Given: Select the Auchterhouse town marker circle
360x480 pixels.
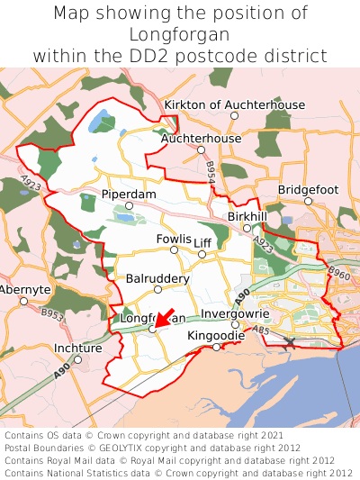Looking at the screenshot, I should [201, 150].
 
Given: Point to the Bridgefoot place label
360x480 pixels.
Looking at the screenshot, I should [308, 190].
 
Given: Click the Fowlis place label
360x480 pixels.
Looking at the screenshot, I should [174, 239].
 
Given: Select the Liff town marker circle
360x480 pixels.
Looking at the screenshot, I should [202, 254].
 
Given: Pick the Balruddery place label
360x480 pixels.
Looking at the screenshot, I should [157, 278].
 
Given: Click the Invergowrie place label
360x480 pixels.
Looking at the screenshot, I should [234, 314].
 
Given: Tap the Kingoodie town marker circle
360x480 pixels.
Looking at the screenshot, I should [216, 347].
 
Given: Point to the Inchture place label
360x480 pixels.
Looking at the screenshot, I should [78, 348].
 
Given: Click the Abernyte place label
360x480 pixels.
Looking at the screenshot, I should [24, 289].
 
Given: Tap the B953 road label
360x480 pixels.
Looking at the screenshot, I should [52, 316].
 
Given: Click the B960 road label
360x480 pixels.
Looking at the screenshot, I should [338, 271].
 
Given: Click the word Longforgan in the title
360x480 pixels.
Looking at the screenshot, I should [180, 34].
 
